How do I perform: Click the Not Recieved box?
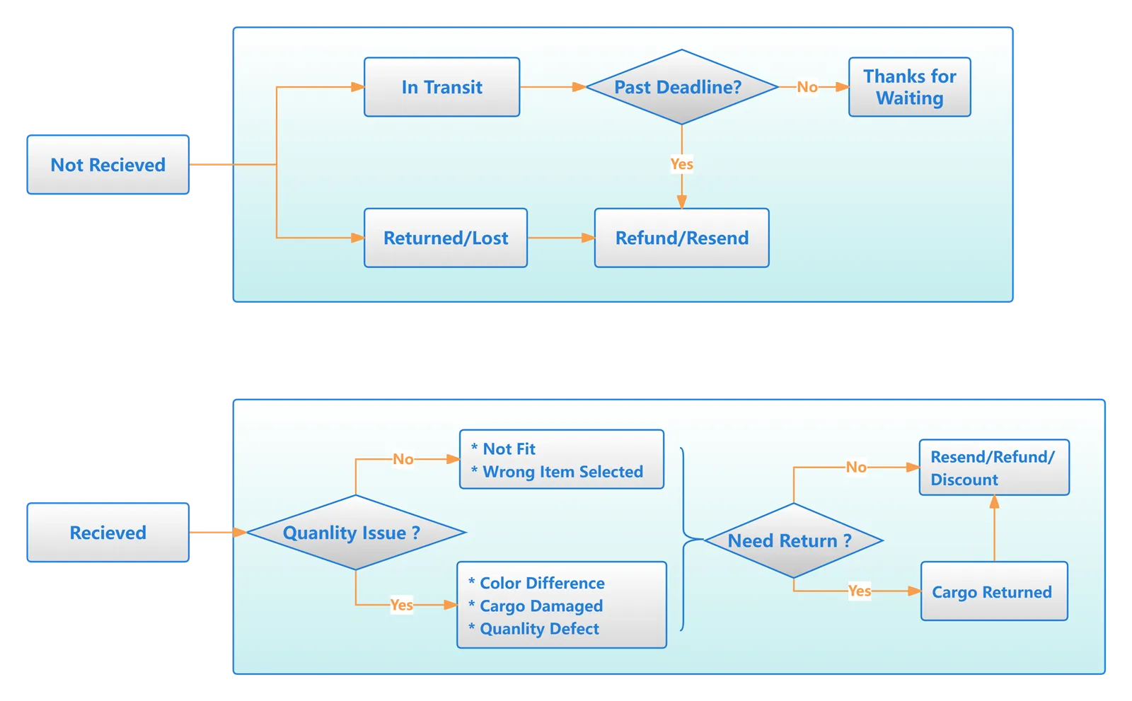tap(108, 165)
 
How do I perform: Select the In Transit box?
tap(441, 87)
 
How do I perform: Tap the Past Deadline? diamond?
tap(681, 87)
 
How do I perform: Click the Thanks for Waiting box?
tap(909, 87)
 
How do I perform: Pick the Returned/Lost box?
tap(445, 238)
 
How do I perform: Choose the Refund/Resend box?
tap(681, 238)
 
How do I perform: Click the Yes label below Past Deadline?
tap(681, 164)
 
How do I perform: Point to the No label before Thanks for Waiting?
tap(807, 87)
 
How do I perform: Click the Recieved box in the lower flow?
tap(108, 533)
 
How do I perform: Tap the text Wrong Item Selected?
tap(562, 472)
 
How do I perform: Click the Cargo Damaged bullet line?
tap(541, 606)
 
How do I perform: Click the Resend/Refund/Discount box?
tap(993, 468)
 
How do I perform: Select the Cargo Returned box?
tap(993, 592)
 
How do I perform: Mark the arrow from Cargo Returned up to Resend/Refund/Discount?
tap(994, 529)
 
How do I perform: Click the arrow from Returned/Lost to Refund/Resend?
tap(560, 238)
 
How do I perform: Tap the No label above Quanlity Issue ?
tap(403, 459)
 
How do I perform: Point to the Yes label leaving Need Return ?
tap(859, 591)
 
